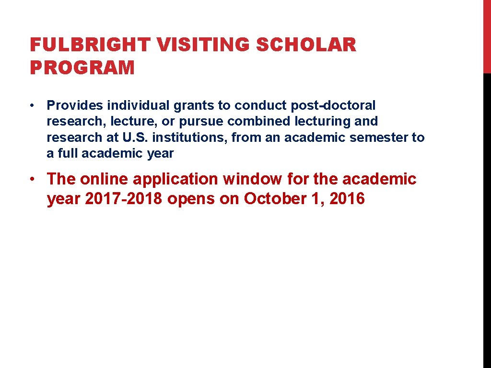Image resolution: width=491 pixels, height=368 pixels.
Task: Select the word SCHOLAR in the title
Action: click(x=307, y=46)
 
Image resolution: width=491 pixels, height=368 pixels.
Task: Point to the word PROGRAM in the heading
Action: click(x=82, y=68)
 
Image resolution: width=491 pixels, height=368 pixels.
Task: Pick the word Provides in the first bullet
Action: click(x=75, y=105)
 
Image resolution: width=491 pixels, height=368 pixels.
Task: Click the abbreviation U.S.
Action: click(x=136, y=138)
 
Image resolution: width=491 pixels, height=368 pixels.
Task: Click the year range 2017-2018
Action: click(x=124, y=199)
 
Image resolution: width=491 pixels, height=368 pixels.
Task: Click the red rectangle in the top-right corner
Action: click(x=487, y=36)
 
